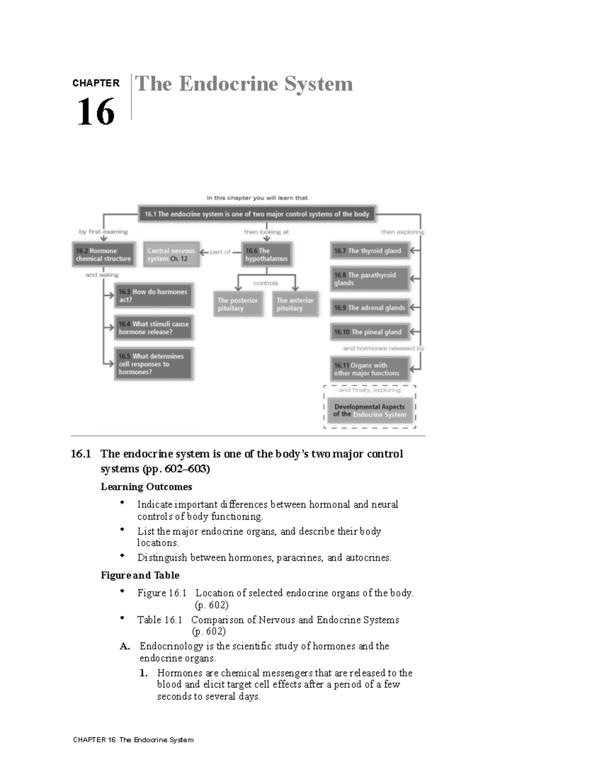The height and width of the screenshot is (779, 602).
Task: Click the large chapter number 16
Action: tap(96, 112)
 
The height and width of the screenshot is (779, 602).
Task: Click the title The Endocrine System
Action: tap(244, 84)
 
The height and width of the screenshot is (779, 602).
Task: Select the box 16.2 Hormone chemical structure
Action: tap(104, 255)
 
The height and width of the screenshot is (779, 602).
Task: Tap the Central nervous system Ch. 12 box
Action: tap(171, 255)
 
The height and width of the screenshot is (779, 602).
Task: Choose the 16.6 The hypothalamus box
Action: tap(266, 255)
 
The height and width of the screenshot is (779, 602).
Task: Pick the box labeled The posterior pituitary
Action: tap(238, 304)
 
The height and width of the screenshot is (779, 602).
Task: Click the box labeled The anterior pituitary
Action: tap(295, 304)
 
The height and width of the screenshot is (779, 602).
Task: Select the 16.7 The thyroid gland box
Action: tap(370, 251)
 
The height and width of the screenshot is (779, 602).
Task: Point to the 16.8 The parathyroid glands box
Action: tap(370, 279)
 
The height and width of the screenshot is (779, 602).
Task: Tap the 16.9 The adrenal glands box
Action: tap(370, 307)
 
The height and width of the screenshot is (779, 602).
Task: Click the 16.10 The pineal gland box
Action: tap(370, 332)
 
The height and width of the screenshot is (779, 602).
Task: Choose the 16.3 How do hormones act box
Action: tap(154, 295)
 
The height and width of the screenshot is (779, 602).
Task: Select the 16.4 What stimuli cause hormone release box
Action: tap(154, 328)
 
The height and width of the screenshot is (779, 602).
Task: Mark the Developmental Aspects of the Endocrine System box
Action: tap(370, 411)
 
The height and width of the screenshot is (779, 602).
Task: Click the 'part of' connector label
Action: tap(220, 252)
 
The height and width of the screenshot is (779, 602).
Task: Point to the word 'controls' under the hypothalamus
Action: tap(266, 283)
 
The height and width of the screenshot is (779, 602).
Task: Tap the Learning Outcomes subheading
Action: tap(146, 487)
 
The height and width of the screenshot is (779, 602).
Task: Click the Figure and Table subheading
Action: tap(140, 575)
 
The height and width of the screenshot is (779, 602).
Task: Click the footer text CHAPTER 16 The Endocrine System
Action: tap(133, 740)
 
